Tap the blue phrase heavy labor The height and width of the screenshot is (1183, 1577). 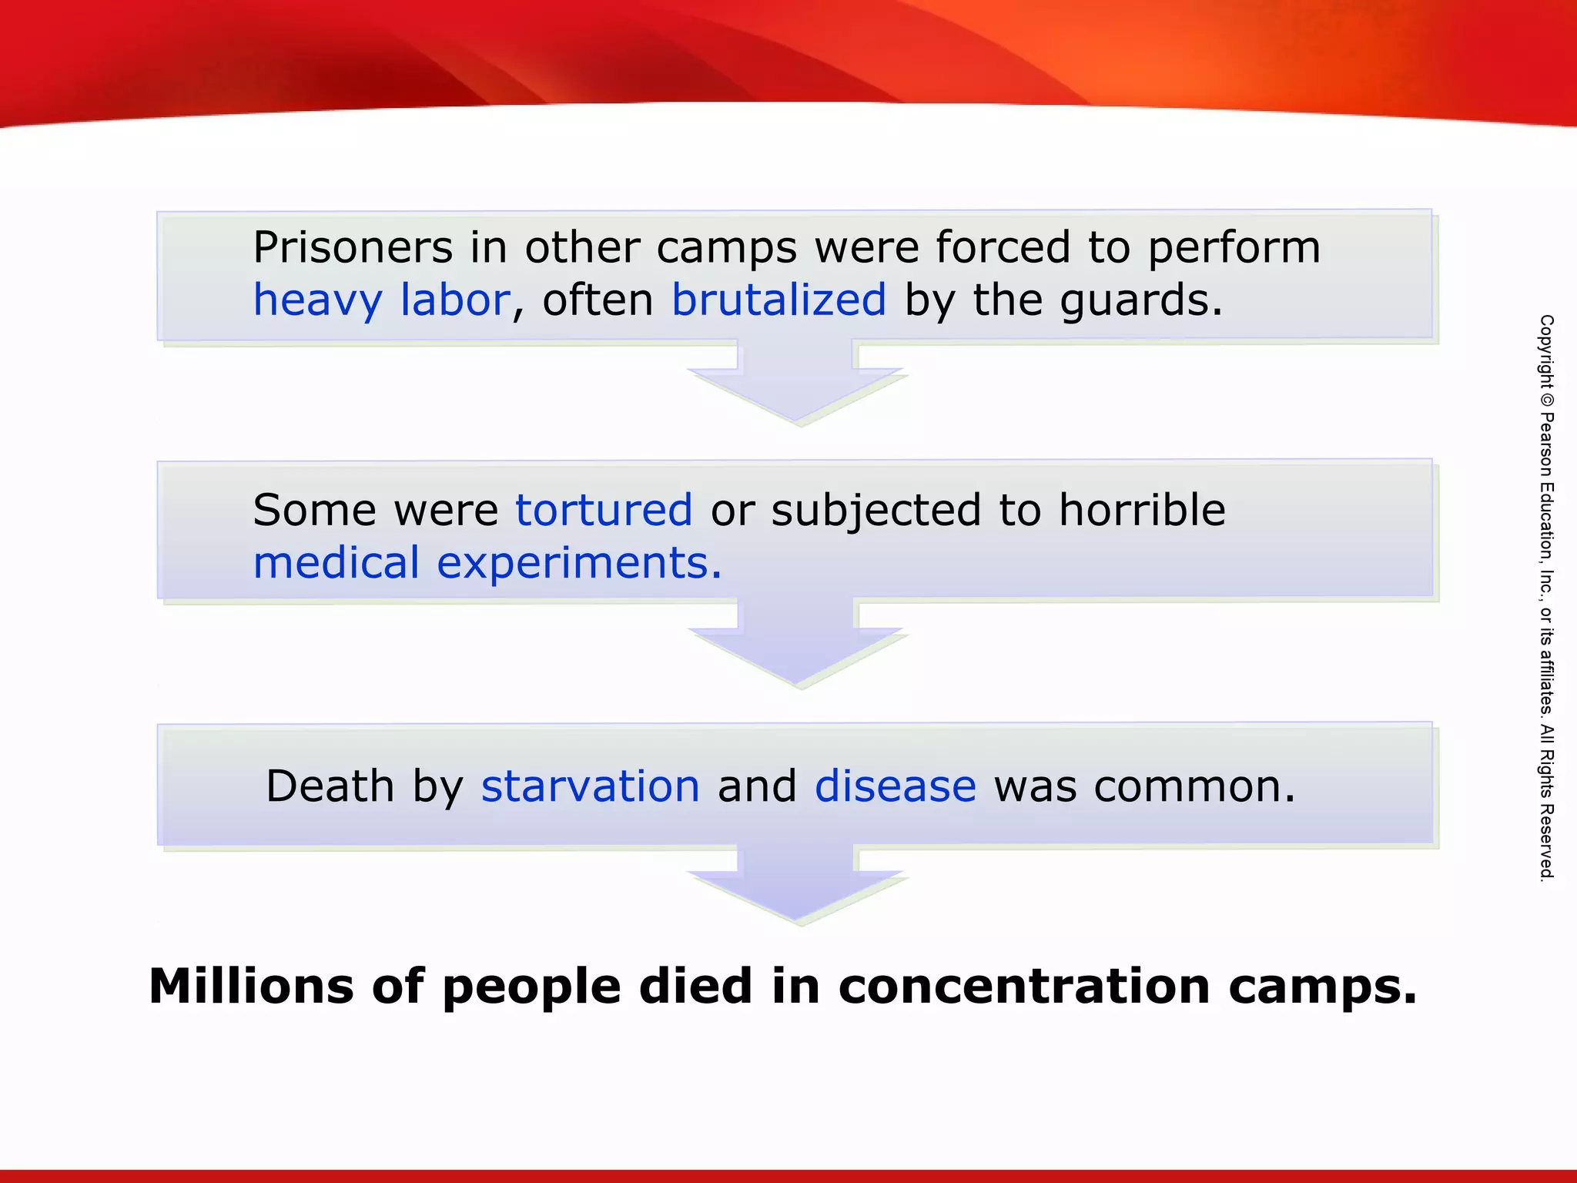coord(381,300)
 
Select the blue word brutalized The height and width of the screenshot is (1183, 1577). coord(778,300)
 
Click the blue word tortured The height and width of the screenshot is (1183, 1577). coord(604,510)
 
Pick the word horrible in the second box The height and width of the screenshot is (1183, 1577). coord(1142,510)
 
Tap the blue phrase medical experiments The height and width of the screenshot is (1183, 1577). coord(487,563)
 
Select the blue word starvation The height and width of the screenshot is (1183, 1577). coord(591,786)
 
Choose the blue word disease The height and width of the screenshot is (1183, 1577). coord(895,786)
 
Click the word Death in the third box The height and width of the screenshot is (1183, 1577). coord(330,786)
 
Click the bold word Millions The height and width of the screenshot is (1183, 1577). coord(251,987)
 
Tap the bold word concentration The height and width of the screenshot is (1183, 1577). coord(1024,987)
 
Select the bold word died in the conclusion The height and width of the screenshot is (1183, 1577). coord(695,987)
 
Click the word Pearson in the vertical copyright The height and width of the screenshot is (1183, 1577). coord(1546,446)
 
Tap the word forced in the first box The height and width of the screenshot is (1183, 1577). coord(1003,248)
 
